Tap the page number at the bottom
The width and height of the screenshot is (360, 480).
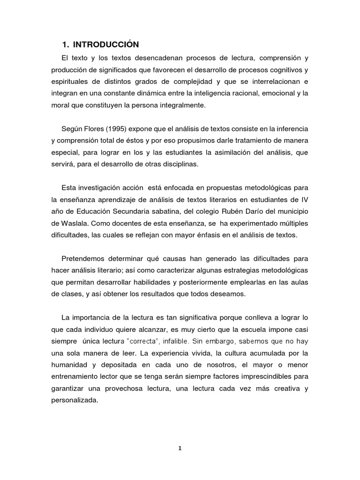(180, 448)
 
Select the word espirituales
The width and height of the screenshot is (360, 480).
(70, 81)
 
